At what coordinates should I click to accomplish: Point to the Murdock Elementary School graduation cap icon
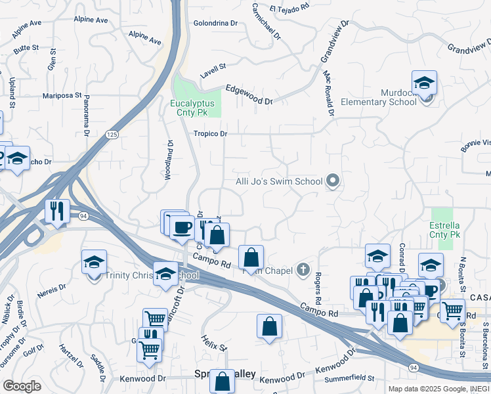point(425,83)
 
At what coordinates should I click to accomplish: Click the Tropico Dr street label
point(210,134)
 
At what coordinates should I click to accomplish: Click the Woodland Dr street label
point(169,161)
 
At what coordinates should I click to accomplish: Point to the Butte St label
point(26,49)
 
